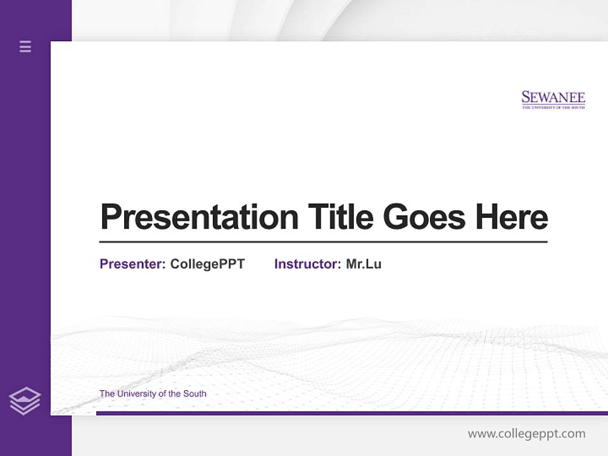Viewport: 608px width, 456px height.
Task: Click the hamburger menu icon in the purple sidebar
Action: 25,46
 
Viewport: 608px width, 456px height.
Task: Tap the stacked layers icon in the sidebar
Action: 25,401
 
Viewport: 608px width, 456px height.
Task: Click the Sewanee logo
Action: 553,99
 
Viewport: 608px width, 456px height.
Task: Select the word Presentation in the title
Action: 199,217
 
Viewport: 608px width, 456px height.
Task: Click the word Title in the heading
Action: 340,217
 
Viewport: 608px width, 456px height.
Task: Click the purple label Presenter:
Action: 132,264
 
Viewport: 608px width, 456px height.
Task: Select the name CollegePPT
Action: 207,264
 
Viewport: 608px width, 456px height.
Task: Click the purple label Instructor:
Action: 307,264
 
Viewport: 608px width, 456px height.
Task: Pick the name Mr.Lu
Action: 364,264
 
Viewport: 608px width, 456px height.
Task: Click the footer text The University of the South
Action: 153,393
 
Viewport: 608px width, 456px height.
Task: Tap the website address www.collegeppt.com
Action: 526,434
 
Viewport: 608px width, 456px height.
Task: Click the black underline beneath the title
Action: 323,242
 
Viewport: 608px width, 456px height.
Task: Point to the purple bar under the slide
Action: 351,413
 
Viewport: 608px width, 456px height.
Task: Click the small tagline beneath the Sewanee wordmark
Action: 553,108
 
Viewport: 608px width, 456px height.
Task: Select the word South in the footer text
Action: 194,393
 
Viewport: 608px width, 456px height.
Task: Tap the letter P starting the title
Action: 111,217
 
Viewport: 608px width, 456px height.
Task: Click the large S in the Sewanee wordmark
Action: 526,98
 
